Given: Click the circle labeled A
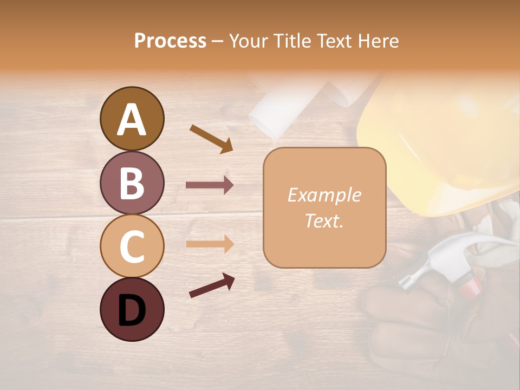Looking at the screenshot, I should click(132, 119).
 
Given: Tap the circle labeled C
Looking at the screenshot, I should click(132, 246).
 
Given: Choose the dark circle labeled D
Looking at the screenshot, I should click(132, 309).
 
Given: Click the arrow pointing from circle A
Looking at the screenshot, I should click(211, 138).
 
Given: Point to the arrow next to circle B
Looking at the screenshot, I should click(210, 185).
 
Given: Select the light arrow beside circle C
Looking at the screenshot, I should click(210, 244).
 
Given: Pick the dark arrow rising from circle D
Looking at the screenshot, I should click(212, 285).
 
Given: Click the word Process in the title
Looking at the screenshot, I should click(170, 41).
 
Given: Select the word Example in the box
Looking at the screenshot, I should click(324, 195).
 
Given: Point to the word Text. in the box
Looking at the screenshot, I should click(324, 220).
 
